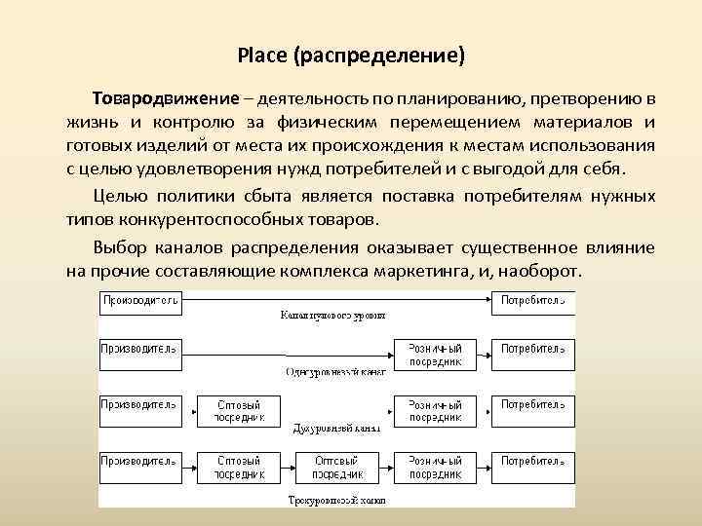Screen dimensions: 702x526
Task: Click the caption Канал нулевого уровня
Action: coord(331,316)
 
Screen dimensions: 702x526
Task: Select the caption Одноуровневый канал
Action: coord(337,371)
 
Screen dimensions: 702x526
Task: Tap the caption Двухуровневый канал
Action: coord(337,427)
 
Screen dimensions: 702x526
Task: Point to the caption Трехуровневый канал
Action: coord(337,500)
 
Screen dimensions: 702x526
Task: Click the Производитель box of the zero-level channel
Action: coord(139,301)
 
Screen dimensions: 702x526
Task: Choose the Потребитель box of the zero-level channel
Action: coord(532,301)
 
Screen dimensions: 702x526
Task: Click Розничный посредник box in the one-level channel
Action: coord(435,355)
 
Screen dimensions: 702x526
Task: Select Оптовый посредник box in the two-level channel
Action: coord(240,410)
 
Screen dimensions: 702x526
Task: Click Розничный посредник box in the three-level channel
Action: coord(435,467)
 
